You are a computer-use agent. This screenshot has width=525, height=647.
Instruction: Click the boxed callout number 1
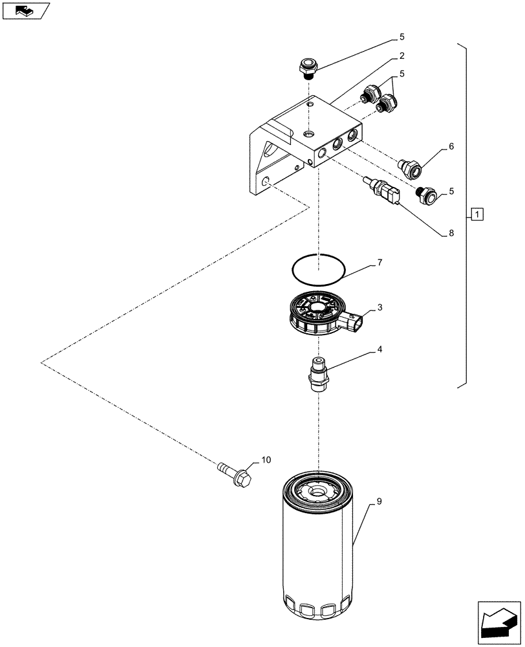pos(477,214)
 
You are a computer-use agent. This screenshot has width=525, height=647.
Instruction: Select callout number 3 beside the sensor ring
pos(380,308)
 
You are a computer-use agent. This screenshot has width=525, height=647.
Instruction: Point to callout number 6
pos(451,146)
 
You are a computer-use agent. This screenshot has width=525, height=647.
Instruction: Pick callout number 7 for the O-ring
pos(380,263)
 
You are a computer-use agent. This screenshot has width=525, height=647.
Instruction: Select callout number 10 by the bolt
pos(266,460)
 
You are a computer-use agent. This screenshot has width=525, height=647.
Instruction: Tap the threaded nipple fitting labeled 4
pos(319,374)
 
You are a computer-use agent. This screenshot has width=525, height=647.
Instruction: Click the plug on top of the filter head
pos(308,67)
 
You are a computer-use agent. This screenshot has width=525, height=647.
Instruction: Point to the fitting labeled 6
pos(409,168)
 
